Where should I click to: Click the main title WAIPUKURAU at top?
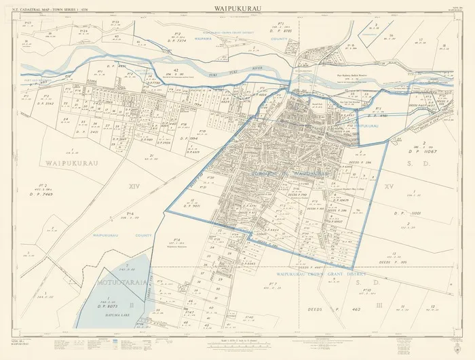237,9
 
